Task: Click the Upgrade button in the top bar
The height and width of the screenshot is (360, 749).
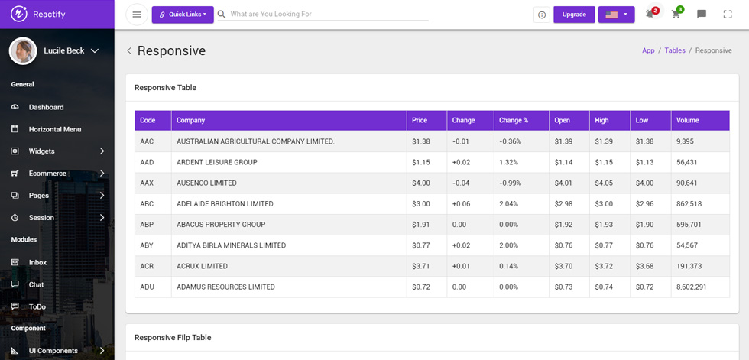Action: (x=574, y=15)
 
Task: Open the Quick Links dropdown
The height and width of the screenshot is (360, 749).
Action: (x=183, y=15)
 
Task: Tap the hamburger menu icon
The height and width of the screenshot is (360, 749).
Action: (x=137, y=15)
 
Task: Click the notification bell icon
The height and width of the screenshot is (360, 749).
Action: (x=650, y=14)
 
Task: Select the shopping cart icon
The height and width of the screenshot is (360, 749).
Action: (x=676, y=14)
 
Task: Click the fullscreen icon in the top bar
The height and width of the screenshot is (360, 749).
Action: (x=728, y=15)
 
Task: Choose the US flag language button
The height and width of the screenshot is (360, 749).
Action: (x=616, y=15)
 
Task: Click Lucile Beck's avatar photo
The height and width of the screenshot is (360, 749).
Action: (x=23, y=50)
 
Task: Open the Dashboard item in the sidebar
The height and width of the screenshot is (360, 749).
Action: (x=46, y=108)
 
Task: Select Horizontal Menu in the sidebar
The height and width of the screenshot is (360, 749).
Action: (x=55, y=129)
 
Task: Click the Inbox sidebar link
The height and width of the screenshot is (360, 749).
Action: (x=37, y=263)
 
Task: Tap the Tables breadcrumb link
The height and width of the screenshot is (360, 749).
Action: (x=674, y=50)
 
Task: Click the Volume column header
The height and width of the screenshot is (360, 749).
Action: (x=687, y=120)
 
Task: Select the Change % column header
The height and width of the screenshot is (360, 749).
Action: (x=514, y=120)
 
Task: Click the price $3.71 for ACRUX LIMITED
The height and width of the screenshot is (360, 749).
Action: (x=421, y=266)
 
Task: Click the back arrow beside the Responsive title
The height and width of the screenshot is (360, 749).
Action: (x=129, y=51)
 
